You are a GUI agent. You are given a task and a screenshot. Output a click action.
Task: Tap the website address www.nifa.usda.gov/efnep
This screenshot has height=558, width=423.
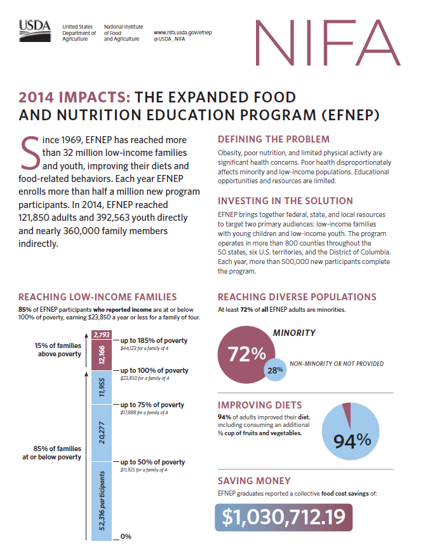[x=182, y=31]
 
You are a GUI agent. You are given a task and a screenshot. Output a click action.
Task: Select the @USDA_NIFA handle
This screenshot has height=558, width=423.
[x=170, y=39]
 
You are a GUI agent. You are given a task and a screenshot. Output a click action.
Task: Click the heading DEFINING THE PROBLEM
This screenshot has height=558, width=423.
[x=273, y=139]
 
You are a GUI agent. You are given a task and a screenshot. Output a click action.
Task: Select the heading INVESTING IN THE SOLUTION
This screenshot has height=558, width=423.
[x=285, y=200]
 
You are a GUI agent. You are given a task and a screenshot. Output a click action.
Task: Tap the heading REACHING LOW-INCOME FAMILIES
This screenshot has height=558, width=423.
[x=98, y=297]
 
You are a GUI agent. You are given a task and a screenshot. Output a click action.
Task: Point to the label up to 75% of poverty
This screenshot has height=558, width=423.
[x=152, y=405]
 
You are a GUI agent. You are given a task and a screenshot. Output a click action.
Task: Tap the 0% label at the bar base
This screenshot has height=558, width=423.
[x=126, y=537]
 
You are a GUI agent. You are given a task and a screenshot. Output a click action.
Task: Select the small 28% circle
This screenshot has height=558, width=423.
[x=274, y=370]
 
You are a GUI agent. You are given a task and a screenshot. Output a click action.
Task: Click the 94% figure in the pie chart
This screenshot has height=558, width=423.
[x=352, y=440]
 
